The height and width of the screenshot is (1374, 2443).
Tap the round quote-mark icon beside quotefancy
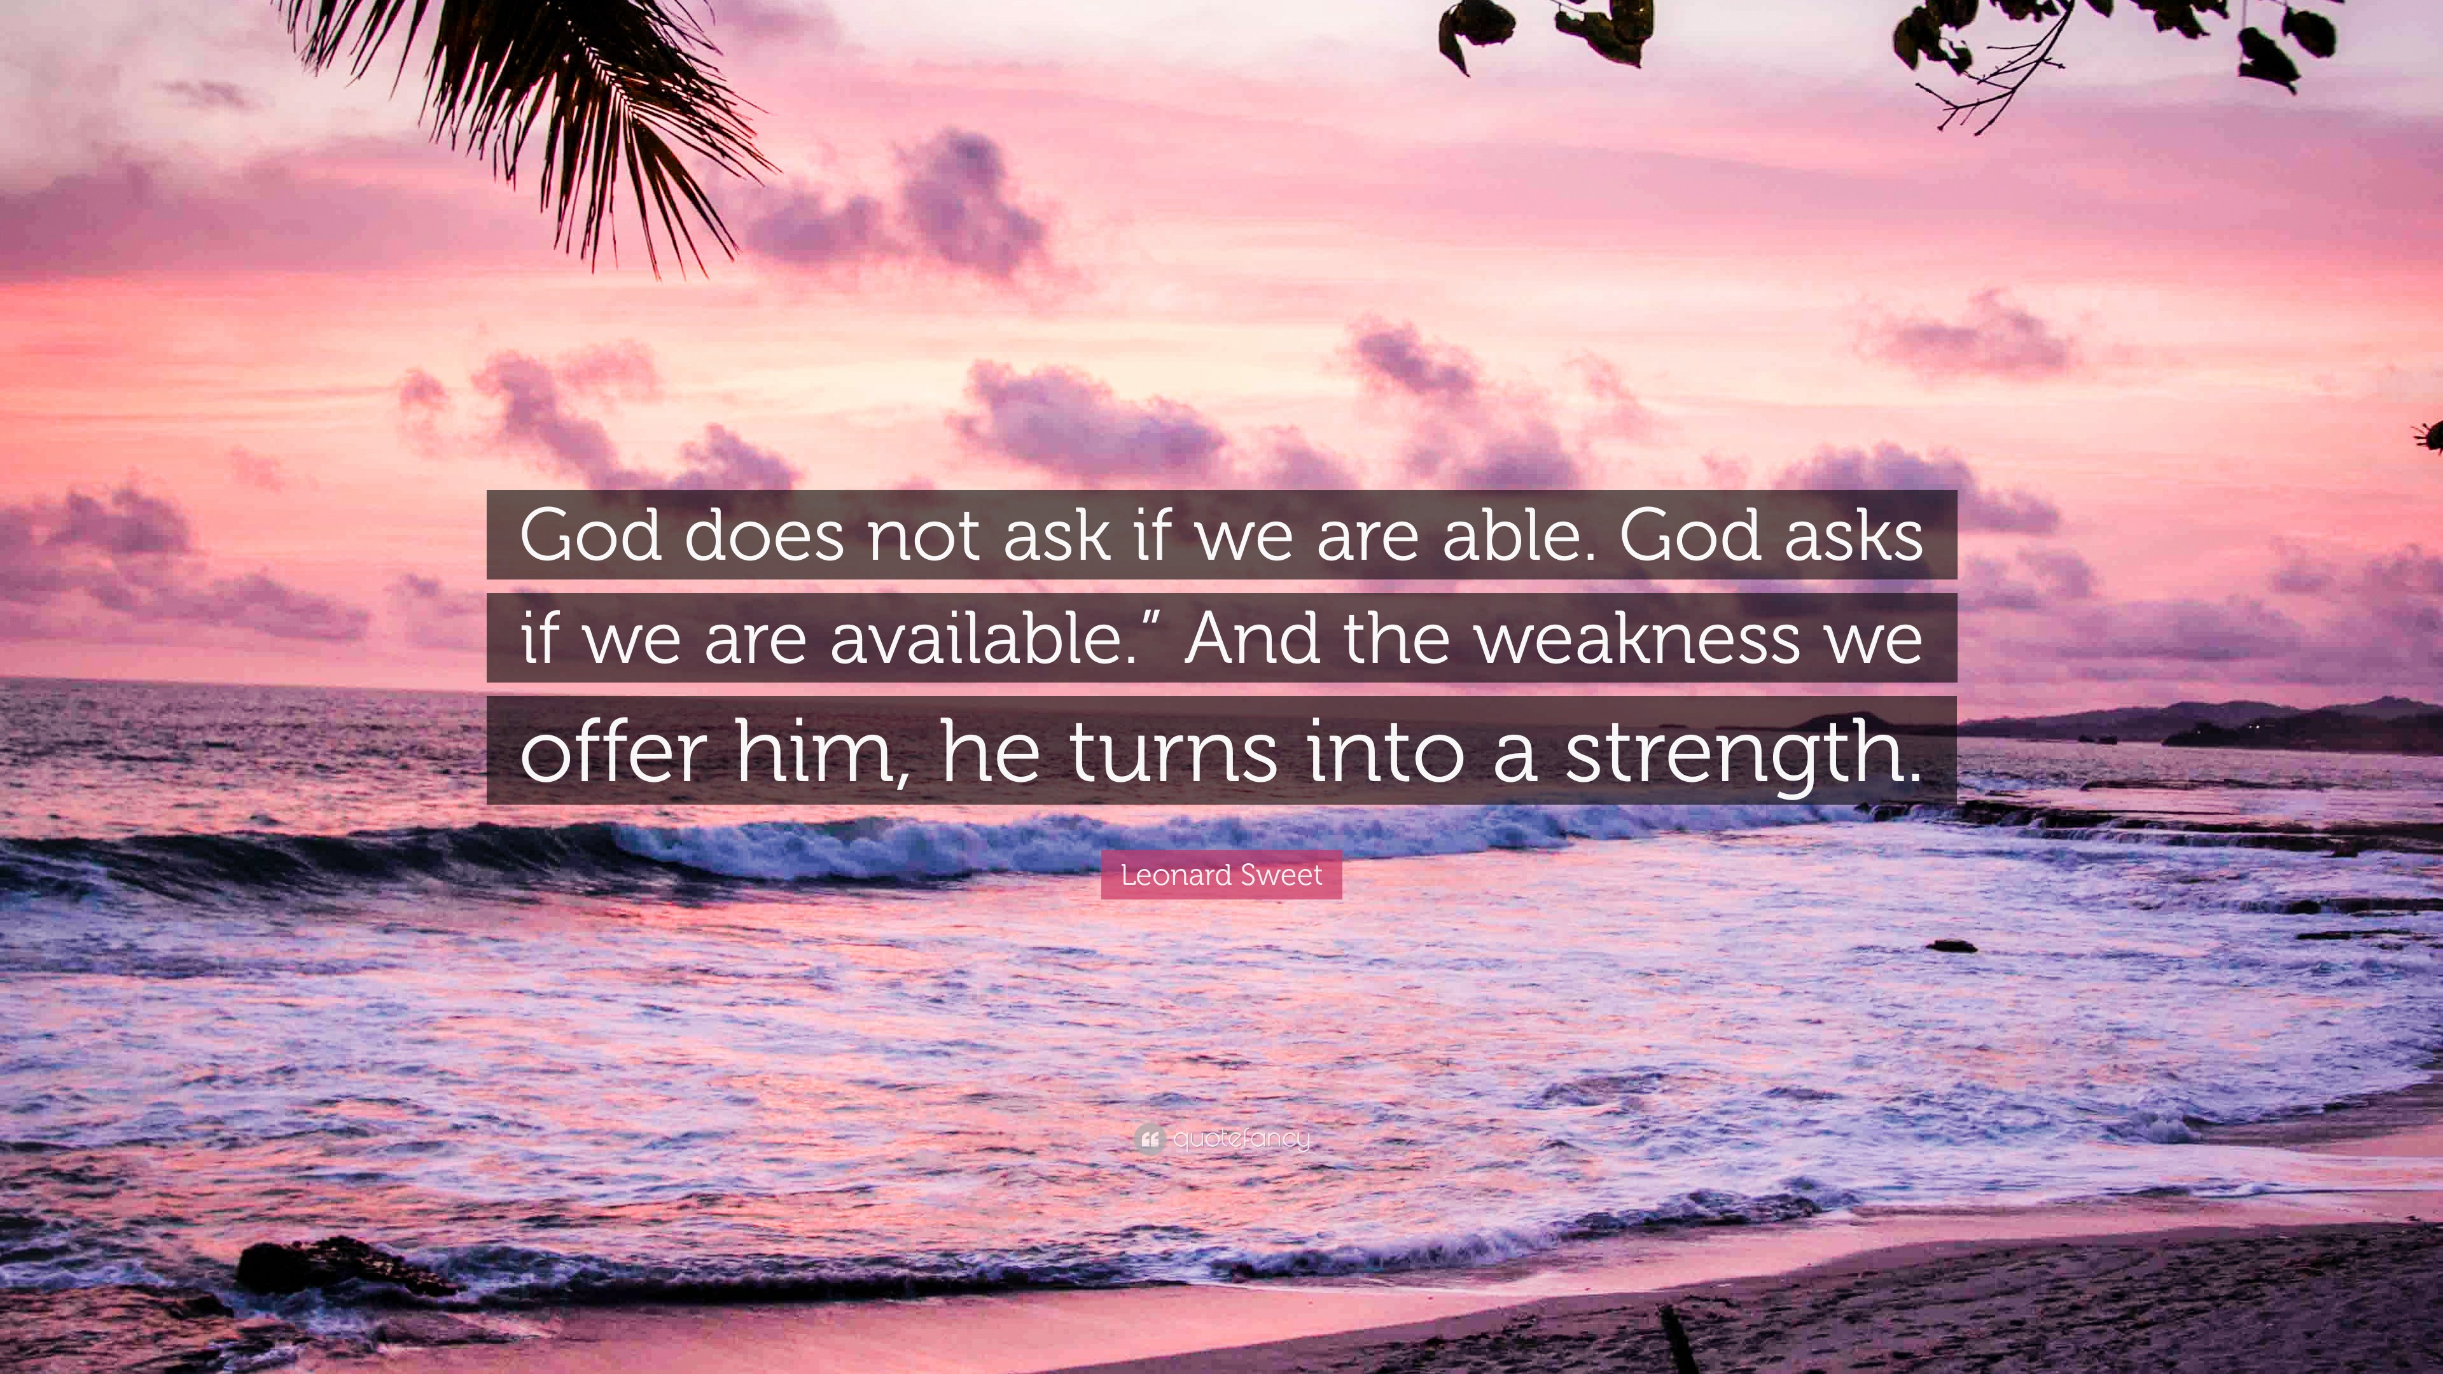(x=1148, y=1138)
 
